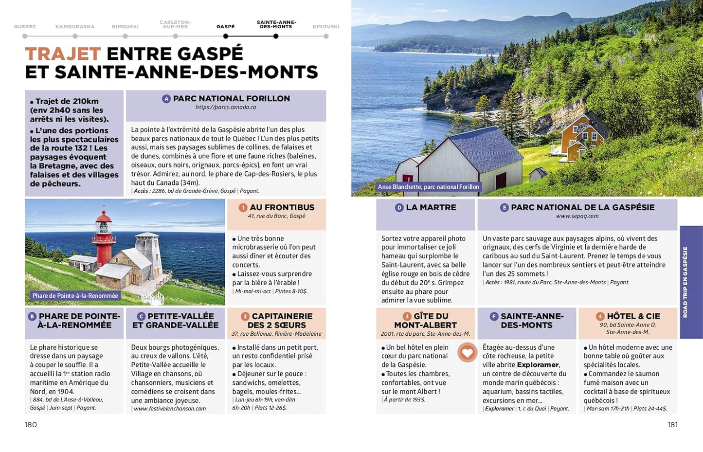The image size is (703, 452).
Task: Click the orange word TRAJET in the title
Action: pos(63,54)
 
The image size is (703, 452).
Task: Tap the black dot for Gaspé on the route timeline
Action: pos(226,36)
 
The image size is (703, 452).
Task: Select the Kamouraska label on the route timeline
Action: pos(75,27)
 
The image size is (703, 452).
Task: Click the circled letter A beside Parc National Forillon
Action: pos(166,99)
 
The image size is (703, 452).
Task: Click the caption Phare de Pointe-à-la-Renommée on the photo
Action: pos(75,296)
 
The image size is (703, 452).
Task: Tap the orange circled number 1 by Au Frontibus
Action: pos(243,208)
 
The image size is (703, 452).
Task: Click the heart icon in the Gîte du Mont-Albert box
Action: pos(467,352)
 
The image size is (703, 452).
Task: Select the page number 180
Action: pos(31,425)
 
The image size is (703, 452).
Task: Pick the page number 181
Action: pos(672,425)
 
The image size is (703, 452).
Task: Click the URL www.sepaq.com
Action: pos(577,216)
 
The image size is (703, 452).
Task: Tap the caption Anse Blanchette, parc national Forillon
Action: pos(429,187)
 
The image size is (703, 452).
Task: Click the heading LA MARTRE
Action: pos(431,207)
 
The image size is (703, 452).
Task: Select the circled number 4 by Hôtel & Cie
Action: pos(600,317)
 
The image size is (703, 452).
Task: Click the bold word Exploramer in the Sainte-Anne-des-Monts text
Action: pos(538,365)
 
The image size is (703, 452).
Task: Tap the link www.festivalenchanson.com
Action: pos(170,409)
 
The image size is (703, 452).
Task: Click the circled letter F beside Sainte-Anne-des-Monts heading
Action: pos(494,317)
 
